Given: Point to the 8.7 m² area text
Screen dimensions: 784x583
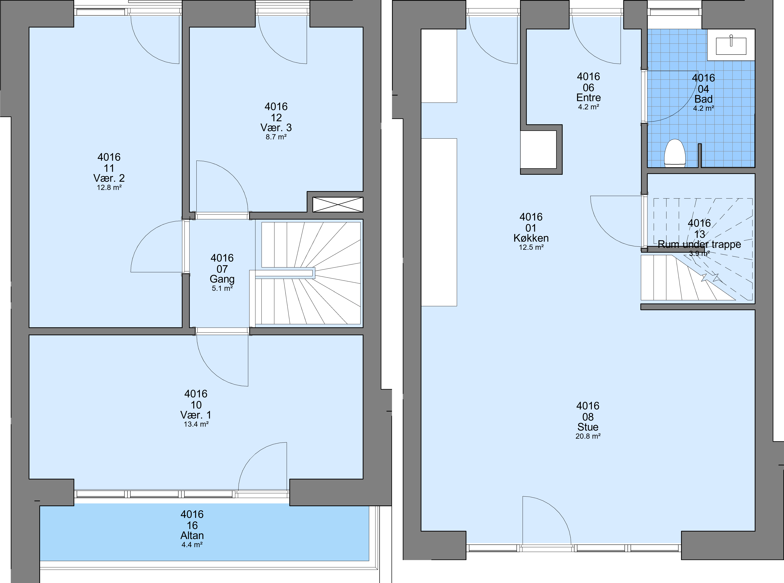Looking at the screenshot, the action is tap(276, 137).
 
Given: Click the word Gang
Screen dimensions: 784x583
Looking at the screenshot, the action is tap(222, 279).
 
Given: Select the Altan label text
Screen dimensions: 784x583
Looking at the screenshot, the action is tap(192, 535).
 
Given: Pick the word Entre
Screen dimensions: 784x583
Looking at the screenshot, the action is tap(588, 97).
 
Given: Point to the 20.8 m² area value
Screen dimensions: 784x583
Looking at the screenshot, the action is tap(588, 436).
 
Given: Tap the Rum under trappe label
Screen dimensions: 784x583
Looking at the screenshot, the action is tap(699, 244).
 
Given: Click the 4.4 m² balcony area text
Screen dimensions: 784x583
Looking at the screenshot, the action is tap(192, 544).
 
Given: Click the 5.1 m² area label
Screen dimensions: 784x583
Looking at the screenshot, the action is tap(222, 288).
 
